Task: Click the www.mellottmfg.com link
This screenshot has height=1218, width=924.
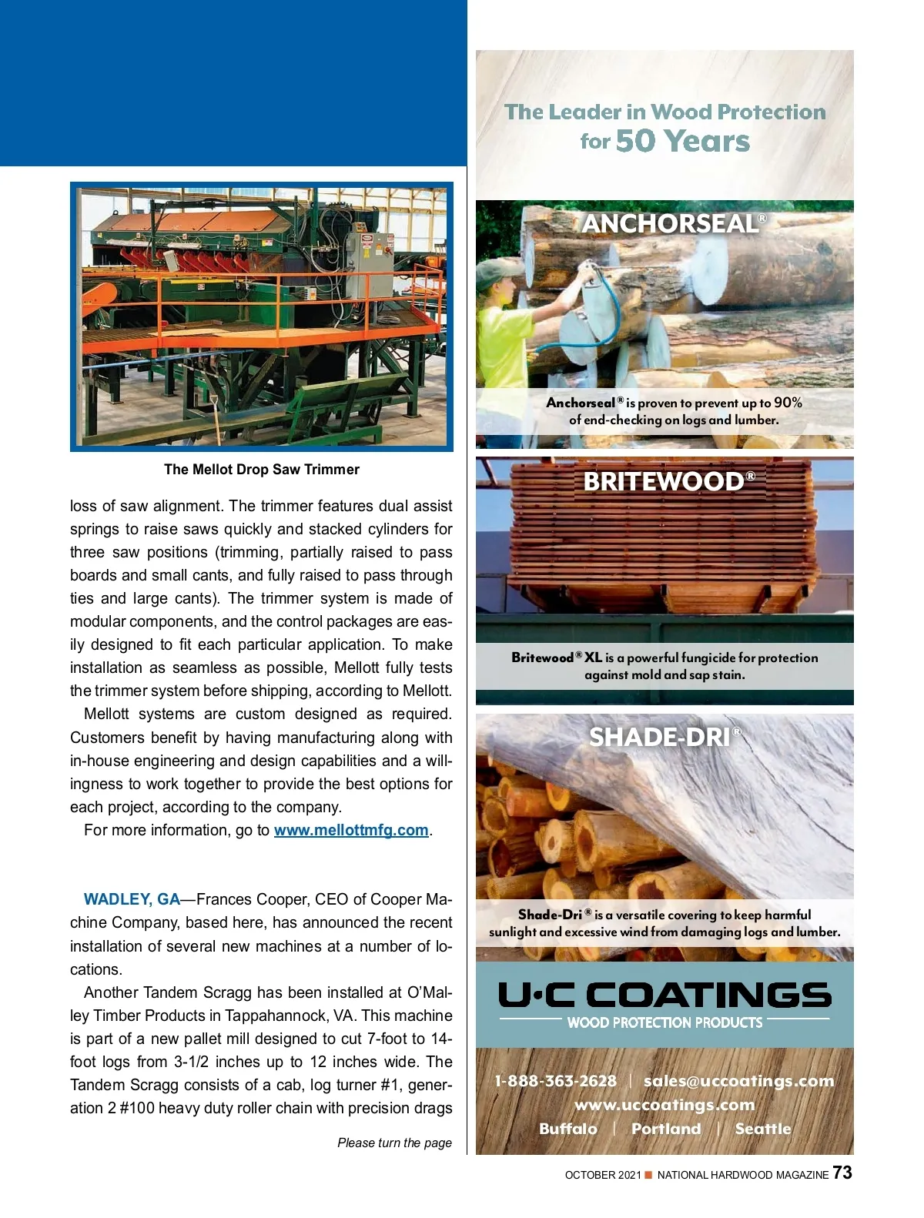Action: (x=351, y=830)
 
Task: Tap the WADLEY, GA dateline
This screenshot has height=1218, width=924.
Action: (x=132, y=899)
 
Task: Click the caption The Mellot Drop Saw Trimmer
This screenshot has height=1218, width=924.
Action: (x=262, y=470)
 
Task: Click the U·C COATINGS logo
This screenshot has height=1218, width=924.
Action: (x=665, y=995)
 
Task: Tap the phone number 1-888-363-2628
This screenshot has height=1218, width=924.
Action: (x=555, y=1081)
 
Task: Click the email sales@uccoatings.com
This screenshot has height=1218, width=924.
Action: (x=738, y=1081)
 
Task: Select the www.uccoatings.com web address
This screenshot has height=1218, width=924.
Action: (x=665, y=1105)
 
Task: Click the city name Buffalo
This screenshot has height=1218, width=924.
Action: (x=568, y=1129)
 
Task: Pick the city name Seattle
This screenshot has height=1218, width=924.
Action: (x=763, y=1129)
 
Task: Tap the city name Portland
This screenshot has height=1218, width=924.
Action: (x=666, y=1129)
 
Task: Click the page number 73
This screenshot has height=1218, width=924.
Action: (x=842, y=1173)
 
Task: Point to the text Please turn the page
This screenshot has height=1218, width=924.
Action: (x=394, y=1143)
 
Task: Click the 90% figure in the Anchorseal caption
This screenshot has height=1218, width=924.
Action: (x=788, y=403)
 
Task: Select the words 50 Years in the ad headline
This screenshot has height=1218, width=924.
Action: (x=682, y=142)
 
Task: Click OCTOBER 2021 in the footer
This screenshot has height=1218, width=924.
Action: (x=602, y=1175)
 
